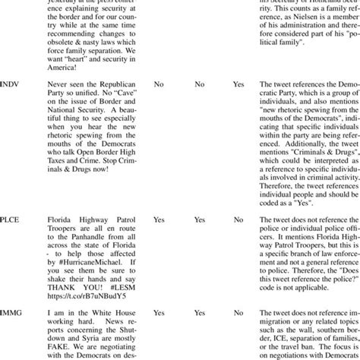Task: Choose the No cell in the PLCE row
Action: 238,219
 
